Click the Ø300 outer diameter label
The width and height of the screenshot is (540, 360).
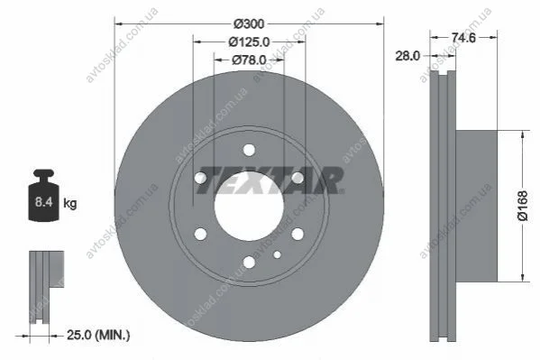point(249,24)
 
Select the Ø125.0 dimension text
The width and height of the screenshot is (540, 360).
point(249,42)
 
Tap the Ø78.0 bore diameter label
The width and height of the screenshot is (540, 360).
point(249,60)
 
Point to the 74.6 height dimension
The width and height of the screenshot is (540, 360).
point(463,37)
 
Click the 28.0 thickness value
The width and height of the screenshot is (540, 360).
point(407,56)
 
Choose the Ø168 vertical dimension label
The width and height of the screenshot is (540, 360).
point(523,206)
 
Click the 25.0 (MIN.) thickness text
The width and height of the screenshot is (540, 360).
point(98,335)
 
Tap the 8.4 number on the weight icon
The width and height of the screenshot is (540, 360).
point(44,202)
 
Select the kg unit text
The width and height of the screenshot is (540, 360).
point(70,203)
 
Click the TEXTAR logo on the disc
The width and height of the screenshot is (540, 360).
point(270,180)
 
